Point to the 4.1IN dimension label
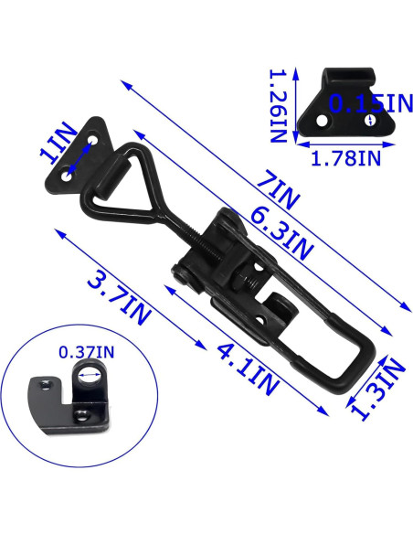point(248,368)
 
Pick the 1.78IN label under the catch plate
point(345,158)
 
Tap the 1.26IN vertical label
point(278,106)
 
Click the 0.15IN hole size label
point(371,104)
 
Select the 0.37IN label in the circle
point(87,352)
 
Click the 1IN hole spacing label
point(58,142)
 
